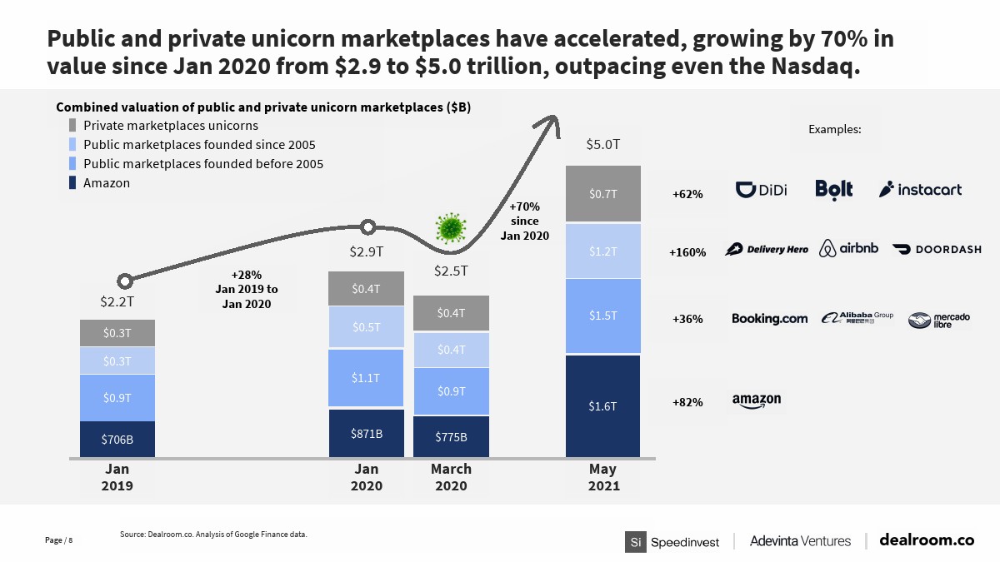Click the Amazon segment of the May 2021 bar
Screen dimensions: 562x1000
(x=602, y=405)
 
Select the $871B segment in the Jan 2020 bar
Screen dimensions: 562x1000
(x=367, y=433)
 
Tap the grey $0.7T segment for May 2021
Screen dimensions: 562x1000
(x=602, y=194)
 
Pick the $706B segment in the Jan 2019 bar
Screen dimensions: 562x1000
(x=117, y=439)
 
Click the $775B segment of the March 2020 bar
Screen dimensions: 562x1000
(x=451, y=436)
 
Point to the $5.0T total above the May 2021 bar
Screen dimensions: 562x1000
(x=602, y=145)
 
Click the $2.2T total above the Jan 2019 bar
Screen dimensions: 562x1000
(x=117, y=301)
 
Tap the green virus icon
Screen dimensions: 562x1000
(x=451, y=226)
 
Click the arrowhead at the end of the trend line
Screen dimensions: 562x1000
(x=551, y=124)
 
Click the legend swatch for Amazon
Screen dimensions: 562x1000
(x=73, y=182)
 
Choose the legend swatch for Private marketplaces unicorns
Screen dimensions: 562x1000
(x=73, y=125)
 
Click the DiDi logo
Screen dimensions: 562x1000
(x=762, y=190)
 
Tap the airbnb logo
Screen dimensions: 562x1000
(x=848, y=248)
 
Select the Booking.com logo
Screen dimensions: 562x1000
(x=769, y=319)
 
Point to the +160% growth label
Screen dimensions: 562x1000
(x=687, y=252)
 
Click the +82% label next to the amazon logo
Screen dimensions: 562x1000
(x=687, y=403)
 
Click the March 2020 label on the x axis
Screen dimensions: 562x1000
(x=451, y=477)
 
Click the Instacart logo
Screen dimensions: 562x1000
(x=920, y=190)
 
